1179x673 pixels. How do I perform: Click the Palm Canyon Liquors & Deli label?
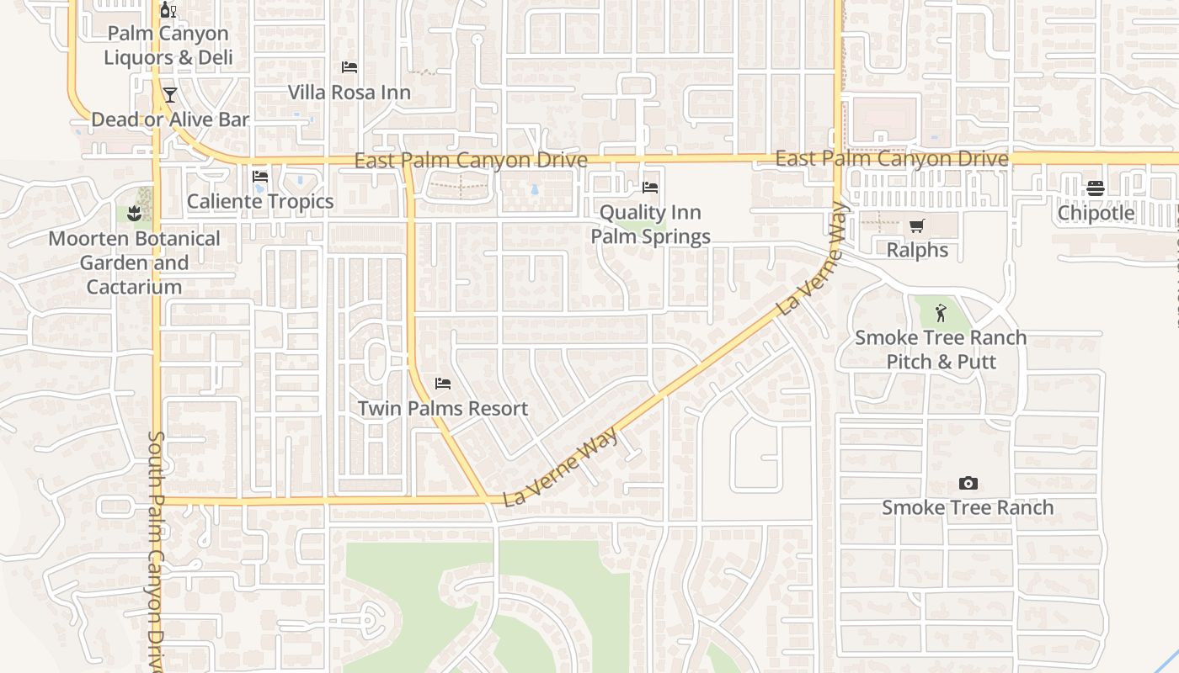pos(168,45)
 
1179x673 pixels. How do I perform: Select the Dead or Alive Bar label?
pos(170,119)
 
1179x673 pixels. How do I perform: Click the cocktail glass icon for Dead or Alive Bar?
pos(170,94)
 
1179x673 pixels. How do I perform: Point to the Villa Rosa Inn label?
pos(349,93)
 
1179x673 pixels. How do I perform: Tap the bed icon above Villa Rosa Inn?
pos(349,67)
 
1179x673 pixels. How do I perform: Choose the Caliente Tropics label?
pos(260,202)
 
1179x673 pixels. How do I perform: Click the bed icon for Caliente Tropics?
pos(260,177)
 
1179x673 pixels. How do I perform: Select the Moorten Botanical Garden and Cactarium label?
pos(134,262)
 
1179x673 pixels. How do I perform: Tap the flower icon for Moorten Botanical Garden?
pos(134,214)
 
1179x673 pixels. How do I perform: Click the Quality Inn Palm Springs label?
pos(650,225)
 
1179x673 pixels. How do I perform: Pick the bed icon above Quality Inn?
pos(650,188)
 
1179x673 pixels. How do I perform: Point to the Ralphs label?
pos(917,251)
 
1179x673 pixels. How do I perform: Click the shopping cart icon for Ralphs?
pos(917,225)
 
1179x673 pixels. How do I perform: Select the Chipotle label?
pos(1096,213)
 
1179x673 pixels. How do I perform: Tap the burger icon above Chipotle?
pos(1096,188)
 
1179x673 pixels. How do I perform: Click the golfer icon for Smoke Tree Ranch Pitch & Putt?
pos(941,314)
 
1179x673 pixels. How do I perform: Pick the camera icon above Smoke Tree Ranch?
pos(968,483)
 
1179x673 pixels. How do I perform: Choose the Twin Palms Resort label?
pos(443,409)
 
